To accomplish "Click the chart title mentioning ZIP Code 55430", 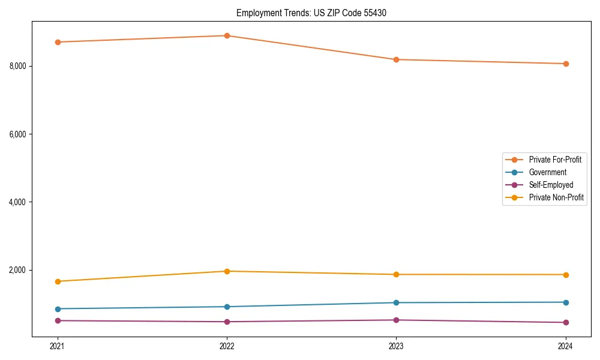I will click(311, 13).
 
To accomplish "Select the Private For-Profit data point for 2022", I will click(227, 35).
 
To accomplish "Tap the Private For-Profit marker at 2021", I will click(58, 42).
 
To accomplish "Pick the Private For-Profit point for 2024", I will click(566, 64).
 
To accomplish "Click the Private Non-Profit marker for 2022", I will click(227, 271).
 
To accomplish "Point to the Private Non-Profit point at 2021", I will click(58, 281).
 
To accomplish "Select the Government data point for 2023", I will click(396, 302).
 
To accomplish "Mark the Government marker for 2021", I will click(58, 309).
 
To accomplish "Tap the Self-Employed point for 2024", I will click(566, 322).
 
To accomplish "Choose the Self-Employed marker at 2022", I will click(227, 322).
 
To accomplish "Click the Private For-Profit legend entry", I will click(554, 160).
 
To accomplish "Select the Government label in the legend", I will click(547, 172).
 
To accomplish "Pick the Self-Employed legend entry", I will click(551, 185).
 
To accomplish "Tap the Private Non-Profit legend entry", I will click(556, 197).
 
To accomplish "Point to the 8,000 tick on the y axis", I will click(18, 66).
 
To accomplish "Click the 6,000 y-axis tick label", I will click(18, 134).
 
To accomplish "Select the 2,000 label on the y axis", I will click(18, 270).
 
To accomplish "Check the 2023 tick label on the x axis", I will click(396, 346).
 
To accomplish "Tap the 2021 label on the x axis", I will click(58, 346).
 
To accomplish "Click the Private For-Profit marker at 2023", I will click(396, 59).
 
